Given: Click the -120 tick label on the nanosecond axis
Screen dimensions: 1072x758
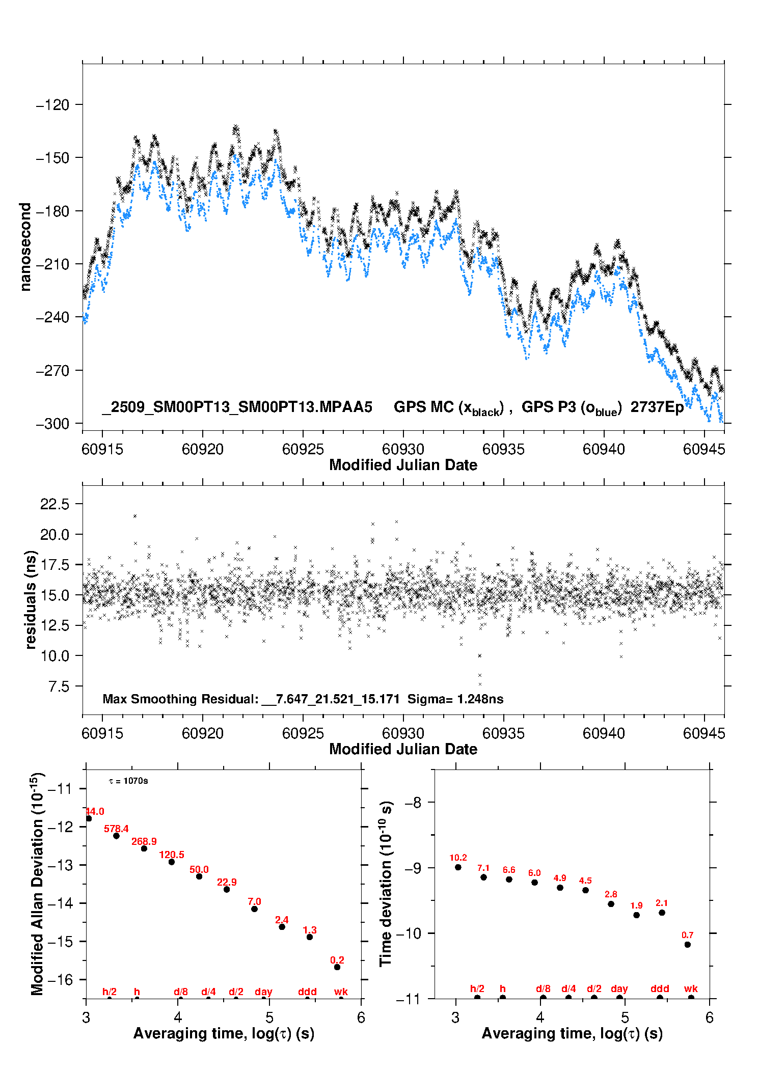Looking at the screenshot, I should [x=52, y=105].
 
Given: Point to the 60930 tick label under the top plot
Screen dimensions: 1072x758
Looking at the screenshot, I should [x=403, y=449].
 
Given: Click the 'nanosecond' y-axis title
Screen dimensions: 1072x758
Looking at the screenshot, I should [x=25, y=246].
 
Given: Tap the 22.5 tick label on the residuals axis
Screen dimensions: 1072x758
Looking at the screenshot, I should [x=55, y=504].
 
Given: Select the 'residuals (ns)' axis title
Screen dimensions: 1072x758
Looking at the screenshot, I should [x=31, y=599].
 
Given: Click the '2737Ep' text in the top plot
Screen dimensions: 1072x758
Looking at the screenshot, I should [x=657, y=407].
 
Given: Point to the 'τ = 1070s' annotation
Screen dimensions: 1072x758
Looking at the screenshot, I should [x=128, y=781].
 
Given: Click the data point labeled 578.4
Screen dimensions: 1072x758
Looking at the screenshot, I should [x=116, y=836].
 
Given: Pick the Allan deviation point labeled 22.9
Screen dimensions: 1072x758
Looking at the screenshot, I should [x=227, y=889].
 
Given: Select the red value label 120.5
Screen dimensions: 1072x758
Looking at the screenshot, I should [x=172, y=855].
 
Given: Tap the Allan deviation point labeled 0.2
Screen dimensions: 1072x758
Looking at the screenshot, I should [x=337, y=967].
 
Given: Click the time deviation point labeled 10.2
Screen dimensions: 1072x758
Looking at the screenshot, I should [x=458, y=867].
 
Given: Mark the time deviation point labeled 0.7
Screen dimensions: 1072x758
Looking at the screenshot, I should [x=688, y=945].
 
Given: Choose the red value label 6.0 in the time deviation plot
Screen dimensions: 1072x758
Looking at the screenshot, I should [x=534, y=873].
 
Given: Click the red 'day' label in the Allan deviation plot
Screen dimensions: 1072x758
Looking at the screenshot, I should [x=263, y=992].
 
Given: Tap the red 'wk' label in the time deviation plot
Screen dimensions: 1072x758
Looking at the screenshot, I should [x=691, y=988].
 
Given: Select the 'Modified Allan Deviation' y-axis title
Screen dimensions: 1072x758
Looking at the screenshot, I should [x=37, y=884].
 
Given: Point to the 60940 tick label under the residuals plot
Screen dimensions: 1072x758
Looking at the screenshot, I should [x=604, y=733].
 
